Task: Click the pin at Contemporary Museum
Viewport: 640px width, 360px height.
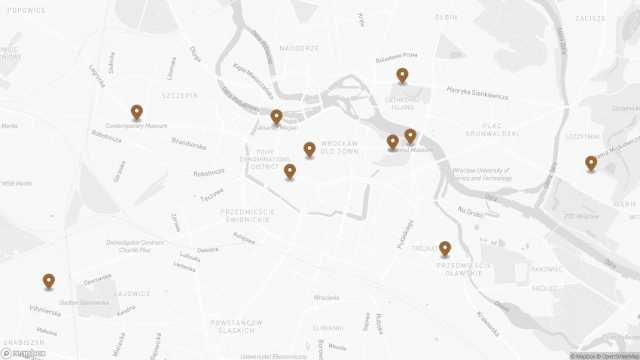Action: coord(136,112)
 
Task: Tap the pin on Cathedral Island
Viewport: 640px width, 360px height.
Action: coord(403,75)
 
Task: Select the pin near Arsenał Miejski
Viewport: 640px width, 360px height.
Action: coord(276,117)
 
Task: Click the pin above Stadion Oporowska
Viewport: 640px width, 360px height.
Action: coord(49,281)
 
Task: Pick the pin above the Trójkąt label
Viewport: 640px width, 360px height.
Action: coord(445,249)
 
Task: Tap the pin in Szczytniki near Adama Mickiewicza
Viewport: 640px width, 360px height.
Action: coord(591,163)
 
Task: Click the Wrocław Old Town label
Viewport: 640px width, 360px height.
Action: coord(340,147)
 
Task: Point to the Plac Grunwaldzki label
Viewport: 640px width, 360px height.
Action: coord(491,129)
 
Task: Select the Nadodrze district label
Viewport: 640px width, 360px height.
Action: coord(300,48)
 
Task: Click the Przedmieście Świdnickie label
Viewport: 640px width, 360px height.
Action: coord(248,216)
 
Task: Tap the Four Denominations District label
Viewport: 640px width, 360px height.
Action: coord(264,159)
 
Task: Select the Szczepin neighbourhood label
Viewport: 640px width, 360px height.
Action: coord(179,96)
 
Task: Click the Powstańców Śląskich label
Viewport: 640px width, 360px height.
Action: coord(236,326)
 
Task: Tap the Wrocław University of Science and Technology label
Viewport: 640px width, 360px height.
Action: coord(482,174)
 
